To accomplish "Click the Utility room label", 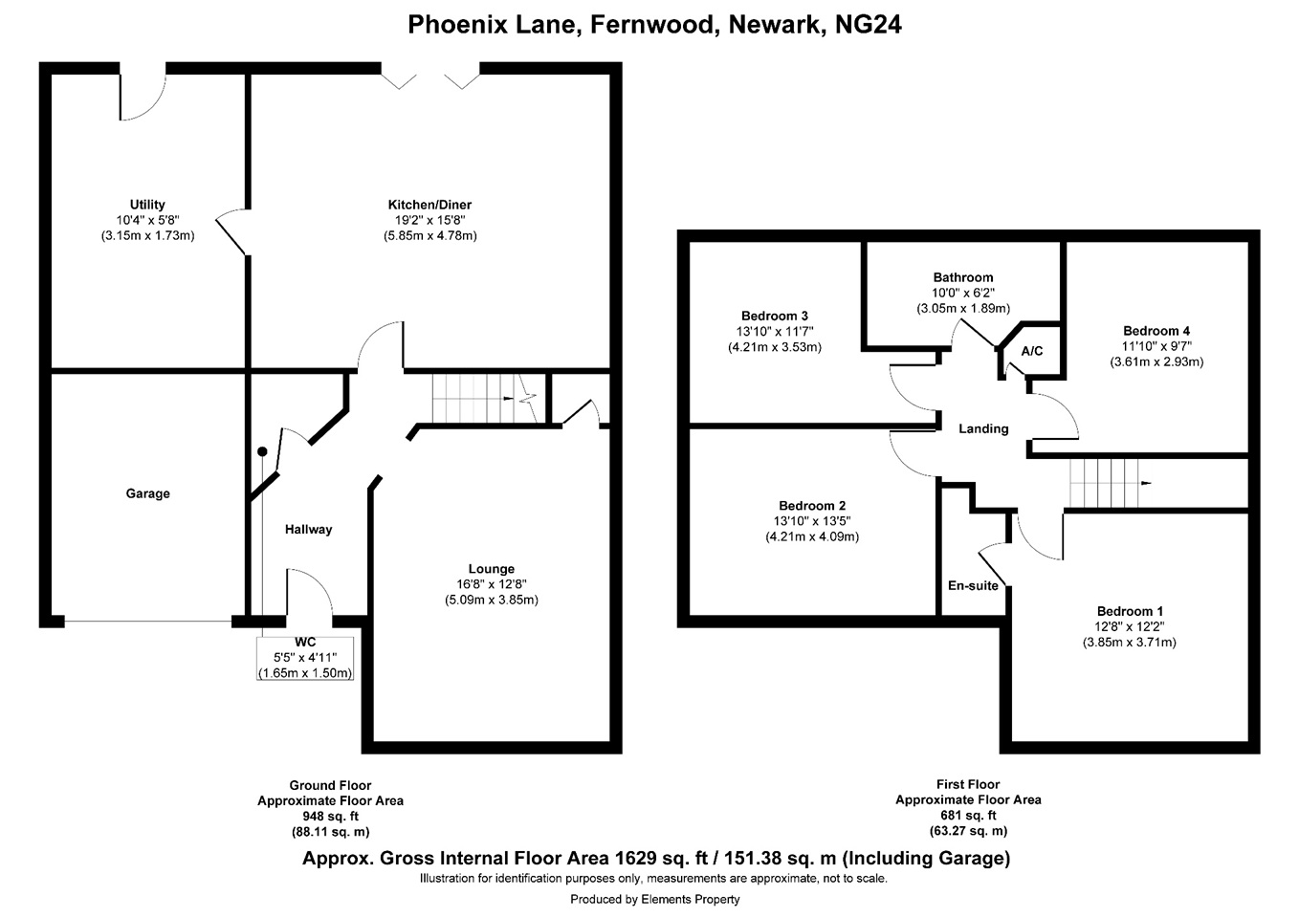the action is (147, 205).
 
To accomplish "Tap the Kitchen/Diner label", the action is (429, 205).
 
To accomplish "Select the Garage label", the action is (148, 493).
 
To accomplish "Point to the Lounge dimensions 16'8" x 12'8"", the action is (491, 584).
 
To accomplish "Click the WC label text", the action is (305, 643).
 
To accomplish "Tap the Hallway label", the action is (309, 530).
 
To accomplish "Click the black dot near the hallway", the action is (262, 451).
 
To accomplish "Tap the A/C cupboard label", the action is (1032, 351).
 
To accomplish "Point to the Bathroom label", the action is (963, 277).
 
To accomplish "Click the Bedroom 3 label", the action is (775, 317).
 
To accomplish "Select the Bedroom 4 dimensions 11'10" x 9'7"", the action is (1156, 346).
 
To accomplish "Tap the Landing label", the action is (983, 428).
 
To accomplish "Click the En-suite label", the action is (973, 586).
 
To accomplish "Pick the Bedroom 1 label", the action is (1131, 611).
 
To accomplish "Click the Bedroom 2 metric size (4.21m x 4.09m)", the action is (812, 536).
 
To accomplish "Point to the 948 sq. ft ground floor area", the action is (331, 817).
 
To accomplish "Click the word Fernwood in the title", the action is (655, 25).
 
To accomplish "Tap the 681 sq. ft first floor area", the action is (968, 816).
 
